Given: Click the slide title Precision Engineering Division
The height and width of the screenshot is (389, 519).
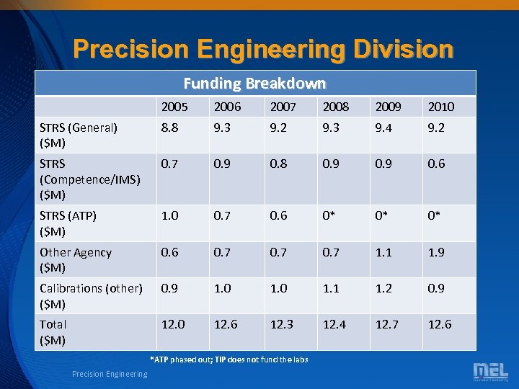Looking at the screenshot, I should click(263, 48).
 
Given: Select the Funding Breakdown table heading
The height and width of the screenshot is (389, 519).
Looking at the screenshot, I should click(254, 84).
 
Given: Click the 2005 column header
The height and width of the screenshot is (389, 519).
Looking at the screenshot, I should click(174, 107).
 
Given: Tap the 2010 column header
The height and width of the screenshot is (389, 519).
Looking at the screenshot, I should click(441, 107).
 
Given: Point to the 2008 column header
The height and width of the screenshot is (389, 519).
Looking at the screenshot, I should click(335, 107).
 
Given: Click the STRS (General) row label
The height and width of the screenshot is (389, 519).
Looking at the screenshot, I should click(79, 135).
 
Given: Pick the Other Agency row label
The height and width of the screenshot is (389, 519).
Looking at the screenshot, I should click(76, 259).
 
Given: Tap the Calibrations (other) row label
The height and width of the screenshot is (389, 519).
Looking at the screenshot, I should click(91, 295).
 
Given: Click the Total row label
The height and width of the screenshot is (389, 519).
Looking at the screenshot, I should click(53, 332).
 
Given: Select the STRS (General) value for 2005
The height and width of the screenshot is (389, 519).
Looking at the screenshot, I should click(169, 128).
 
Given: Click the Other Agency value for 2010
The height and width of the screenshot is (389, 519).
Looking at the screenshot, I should click(437, 252).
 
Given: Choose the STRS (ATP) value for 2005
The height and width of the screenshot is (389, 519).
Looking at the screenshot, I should click(169, 215).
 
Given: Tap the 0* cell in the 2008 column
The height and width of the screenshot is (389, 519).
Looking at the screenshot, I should click(331, 215).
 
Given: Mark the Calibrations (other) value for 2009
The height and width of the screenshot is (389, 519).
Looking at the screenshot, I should click(384, 288).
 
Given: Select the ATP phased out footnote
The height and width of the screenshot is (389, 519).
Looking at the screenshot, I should click(229, 359).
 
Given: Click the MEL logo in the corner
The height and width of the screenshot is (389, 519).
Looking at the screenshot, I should click(490, 372).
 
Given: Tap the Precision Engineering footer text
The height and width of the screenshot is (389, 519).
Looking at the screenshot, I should click(110, 374).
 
